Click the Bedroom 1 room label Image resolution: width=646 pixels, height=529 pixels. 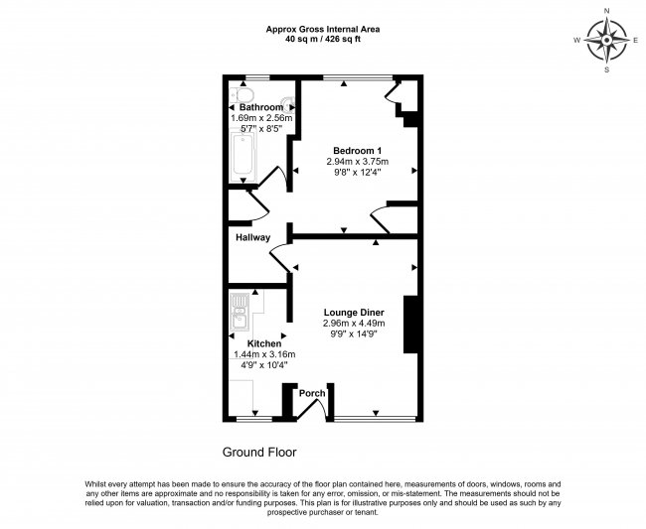[357, 150]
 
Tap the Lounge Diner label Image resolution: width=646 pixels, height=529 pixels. [353, 312]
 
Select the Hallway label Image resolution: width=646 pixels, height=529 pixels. [252, 237]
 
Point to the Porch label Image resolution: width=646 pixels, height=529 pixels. [312, 393]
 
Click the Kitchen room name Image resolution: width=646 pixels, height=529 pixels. [250, 343]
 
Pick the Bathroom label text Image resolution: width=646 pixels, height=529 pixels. [260, 107]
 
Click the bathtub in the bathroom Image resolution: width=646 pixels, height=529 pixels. [242, 157]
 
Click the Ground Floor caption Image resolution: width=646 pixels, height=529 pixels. [258, 452]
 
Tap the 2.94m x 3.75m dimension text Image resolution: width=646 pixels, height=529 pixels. [357, 162]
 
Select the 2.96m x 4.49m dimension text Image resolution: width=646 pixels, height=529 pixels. [353, 324]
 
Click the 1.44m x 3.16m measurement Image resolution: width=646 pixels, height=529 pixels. [250, 354]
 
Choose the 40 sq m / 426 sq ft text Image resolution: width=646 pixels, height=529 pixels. [323, 41]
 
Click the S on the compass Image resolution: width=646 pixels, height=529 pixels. [606, 70]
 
